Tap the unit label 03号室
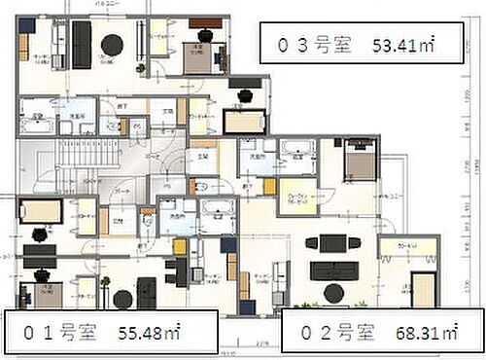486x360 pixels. coord(310,45)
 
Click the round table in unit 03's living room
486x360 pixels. coord(112,43)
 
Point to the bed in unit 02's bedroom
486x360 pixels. coord(359,161)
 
